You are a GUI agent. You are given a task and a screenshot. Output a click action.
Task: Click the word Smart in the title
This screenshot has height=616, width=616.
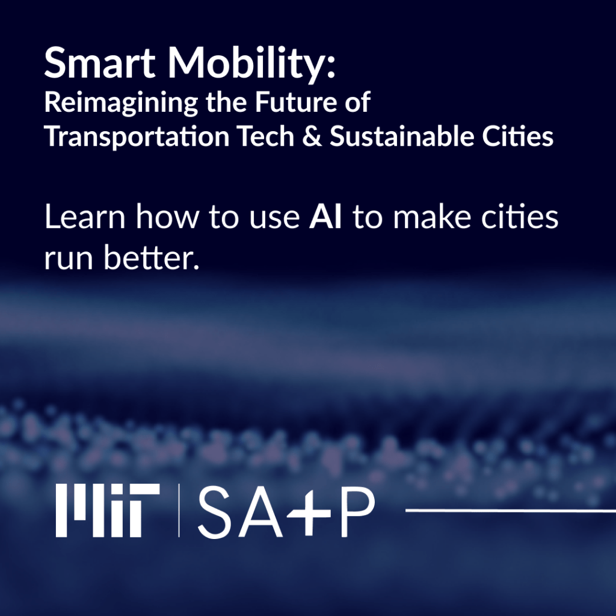pyautogui.click(x=99, y=63)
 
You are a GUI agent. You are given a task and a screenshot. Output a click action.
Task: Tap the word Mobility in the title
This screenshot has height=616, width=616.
pyautogui.click(x=252, y=65)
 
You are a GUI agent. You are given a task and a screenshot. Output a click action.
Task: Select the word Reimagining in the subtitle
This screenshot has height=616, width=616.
pyautogui.click(x=121, y=103)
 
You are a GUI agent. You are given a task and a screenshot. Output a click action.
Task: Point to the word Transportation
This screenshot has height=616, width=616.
pyautogui.click(x=137, y=137)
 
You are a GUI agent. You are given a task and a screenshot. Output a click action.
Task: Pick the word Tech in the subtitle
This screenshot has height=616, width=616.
pyautogui.click(x=266, y=137)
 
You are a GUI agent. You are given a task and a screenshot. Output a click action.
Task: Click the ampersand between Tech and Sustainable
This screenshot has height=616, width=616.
pyautogui.click(x=313, y=137)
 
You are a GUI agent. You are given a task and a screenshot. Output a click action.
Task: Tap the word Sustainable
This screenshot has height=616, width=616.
pyautogui.click(x=402, y=137)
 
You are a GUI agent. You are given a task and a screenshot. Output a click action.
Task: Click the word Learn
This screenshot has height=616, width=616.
pyautogui.click(x=85, y=217)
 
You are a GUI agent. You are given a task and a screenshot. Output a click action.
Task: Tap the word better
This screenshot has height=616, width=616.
pyautogui.click(x=152, y=257)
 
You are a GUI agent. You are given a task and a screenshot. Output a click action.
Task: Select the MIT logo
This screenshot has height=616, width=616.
pyautogui.click(x=108, y=510)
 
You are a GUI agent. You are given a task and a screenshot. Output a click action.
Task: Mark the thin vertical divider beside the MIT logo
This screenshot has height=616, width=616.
pyautogui.click(x=179, y=510)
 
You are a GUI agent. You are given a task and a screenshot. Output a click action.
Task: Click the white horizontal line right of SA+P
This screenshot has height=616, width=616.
pyautogui.click(x=511, y=510)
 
